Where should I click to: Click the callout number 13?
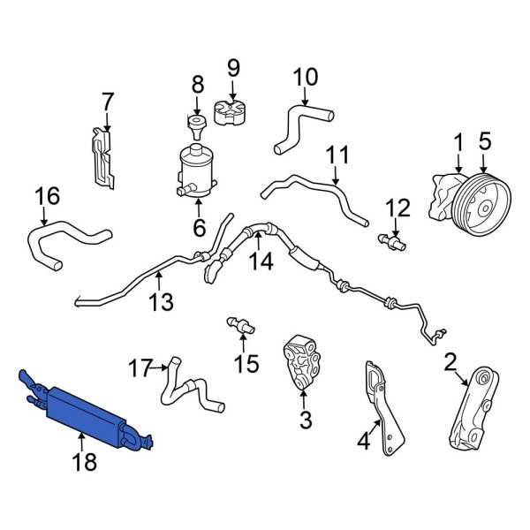click(160, 303)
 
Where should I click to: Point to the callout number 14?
click(259, 261)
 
